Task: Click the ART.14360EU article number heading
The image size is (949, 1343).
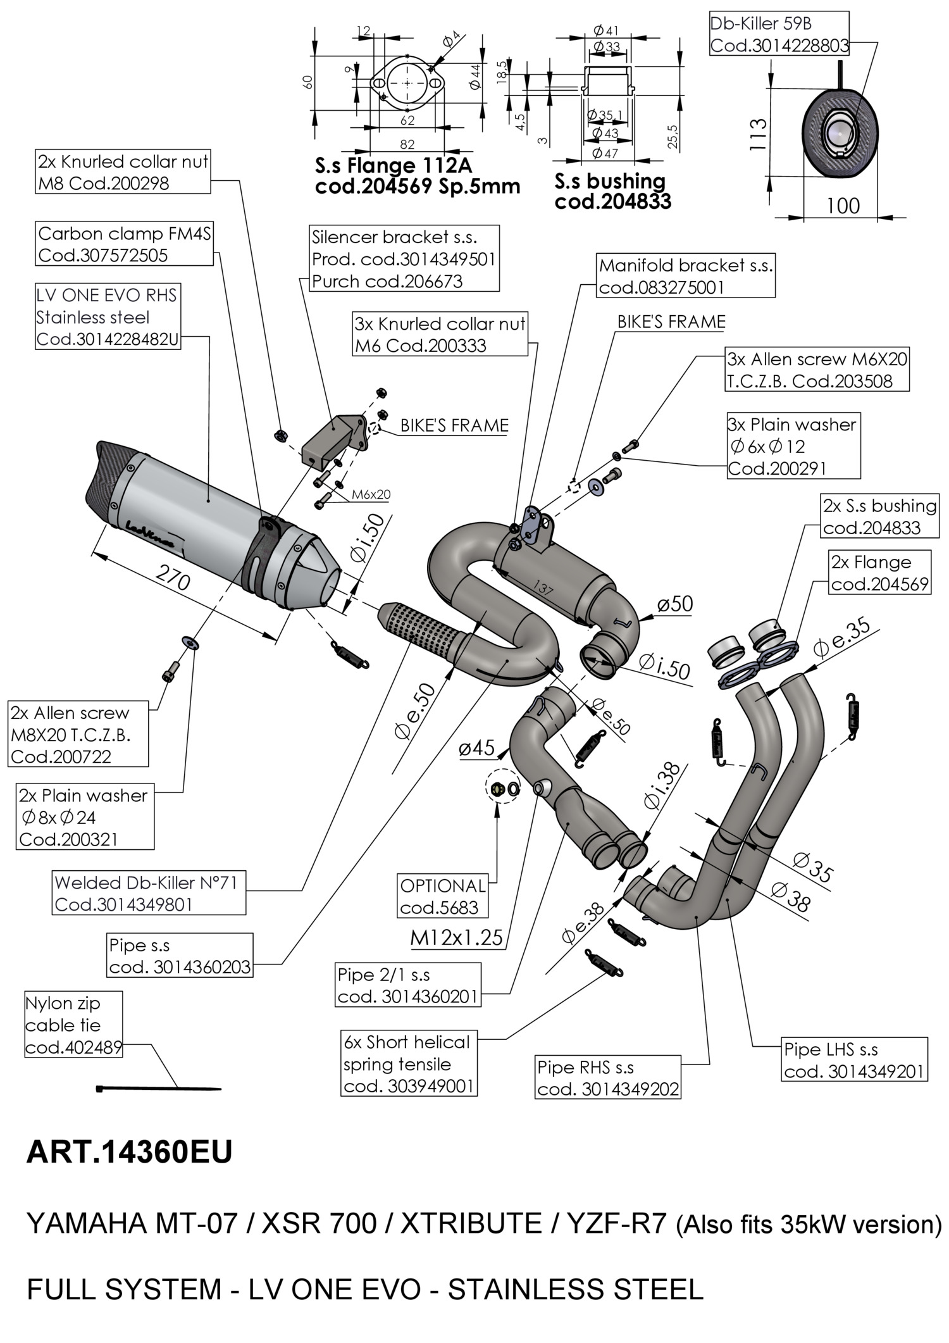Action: (129, 1152)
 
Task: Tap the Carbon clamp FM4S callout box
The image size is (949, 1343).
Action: (125, 244)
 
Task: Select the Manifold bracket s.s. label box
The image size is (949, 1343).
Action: (686, 276)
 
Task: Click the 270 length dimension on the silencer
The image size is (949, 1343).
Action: (173, 580)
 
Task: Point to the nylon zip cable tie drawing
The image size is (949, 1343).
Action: (158, 1089)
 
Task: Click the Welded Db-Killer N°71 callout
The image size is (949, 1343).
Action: (149, 893)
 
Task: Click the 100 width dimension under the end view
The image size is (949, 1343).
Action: (843, 206)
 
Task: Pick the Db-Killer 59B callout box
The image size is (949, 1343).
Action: (779, 35)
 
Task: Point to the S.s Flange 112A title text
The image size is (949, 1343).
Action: (393, 166)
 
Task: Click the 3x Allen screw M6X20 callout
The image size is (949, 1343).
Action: (817, 370)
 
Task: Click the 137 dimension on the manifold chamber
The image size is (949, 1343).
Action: (543, 589)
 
